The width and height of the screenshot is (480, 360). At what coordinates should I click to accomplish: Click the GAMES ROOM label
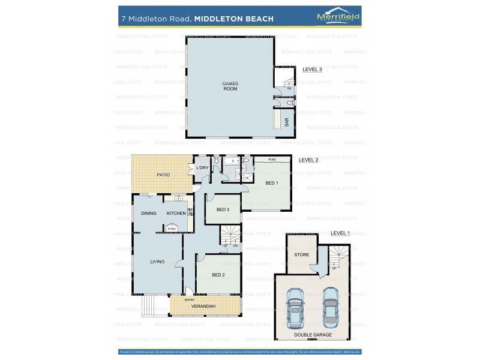230,86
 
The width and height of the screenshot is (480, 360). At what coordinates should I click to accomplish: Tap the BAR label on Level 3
287,121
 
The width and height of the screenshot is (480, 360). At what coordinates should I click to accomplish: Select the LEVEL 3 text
313,70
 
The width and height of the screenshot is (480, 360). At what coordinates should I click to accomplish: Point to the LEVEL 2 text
308,160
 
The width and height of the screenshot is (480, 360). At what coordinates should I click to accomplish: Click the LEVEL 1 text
340,233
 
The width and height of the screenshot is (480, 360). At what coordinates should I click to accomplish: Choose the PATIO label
163,175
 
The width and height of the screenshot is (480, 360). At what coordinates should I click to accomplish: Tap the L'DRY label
203,167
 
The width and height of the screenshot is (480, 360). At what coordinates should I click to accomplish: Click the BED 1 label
272,183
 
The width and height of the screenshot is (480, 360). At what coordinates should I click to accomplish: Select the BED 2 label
218,275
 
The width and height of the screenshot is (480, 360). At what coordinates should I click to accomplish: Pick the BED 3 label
223,209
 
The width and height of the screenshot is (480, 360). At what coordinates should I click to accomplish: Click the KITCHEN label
176,214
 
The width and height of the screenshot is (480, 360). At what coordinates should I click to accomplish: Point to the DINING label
149,214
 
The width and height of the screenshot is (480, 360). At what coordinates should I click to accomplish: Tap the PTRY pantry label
172,229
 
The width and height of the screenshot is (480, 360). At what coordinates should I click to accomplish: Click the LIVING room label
157,262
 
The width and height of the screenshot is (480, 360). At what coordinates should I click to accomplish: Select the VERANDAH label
203,307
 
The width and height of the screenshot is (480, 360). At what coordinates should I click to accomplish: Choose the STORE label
302,255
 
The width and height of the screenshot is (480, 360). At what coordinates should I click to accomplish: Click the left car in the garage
295,308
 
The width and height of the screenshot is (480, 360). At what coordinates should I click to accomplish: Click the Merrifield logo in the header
338,17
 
